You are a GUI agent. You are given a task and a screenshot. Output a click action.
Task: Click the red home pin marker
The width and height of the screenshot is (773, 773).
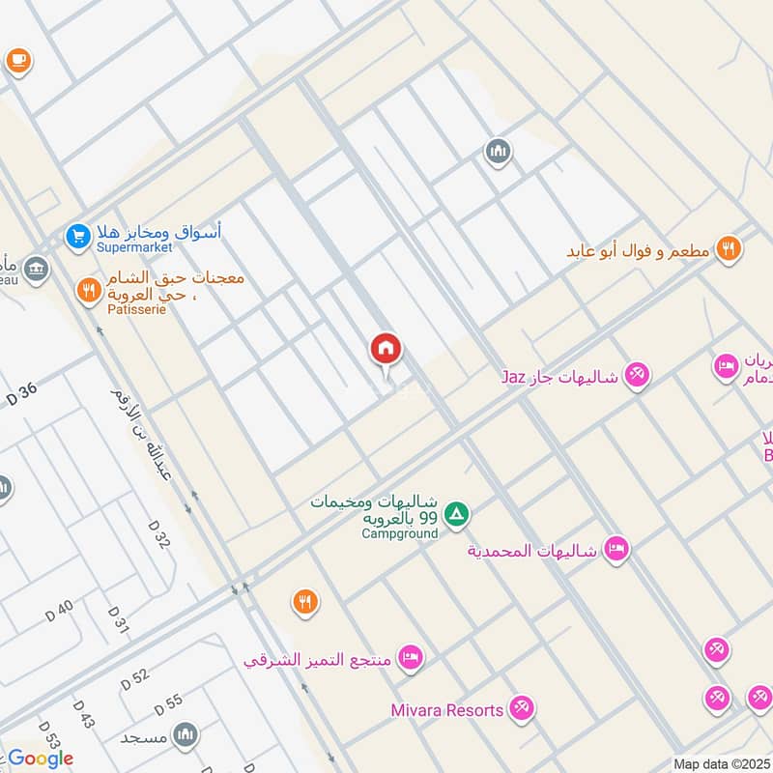pos(386,350)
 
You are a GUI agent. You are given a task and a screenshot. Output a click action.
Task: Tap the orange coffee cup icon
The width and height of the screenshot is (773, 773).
pos(17,60)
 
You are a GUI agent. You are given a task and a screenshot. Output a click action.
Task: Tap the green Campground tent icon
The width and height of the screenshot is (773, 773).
pos(457,514)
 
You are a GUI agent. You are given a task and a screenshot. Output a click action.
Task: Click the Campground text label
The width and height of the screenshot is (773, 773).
pos(399,533)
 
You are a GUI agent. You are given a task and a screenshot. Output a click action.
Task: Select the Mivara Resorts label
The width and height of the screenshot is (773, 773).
pos(447,710)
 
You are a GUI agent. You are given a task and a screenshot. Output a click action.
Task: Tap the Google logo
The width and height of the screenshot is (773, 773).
pos(41,759)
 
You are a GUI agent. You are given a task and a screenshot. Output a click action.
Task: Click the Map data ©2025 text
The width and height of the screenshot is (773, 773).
pos(721,764)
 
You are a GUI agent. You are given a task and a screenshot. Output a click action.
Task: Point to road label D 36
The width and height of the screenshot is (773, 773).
pos(21,395)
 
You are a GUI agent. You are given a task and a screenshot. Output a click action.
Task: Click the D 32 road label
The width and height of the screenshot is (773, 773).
pos(159,532)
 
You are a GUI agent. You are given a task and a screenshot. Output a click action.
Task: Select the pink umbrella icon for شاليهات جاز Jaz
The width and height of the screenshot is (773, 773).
pos(636,375)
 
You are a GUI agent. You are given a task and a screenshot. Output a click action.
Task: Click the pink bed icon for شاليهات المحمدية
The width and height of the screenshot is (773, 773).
pos(616,551)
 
